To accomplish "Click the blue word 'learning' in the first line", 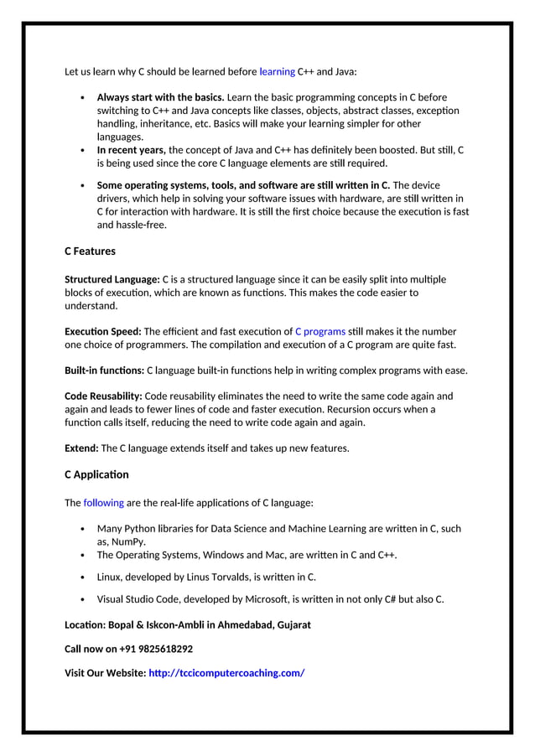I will pyautogui.click(x=277, y=72).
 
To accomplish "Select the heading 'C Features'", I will pyautogui.click(x=90, y=251).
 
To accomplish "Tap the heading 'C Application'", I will pyautogui.click(x=96, y=475).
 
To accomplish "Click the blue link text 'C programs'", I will pyautogui.click(x=320, y=332).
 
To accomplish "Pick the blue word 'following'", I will pyautogui.click(x=104, y=503).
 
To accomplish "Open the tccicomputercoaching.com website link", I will pyautogui.click(x=226, y=673).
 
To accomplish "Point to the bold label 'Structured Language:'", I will pyautogui.click(x=112, y=279).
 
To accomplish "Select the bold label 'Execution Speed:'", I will pyautogui.click(x=103, y=332).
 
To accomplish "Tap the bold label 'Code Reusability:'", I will pyautogui.click(x=104, y=396).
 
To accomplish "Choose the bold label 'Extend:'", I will pyautogui.click(x=81, y=448).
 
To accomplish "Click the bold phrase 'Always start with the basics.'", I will pyautogui.click(x=160, y=97).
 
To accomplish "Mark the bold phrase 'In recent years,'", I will pyautogui.click(x=132, y=150).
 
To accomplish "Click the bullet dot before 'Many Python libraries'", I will pyautogui.click(x=81, y=530).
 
